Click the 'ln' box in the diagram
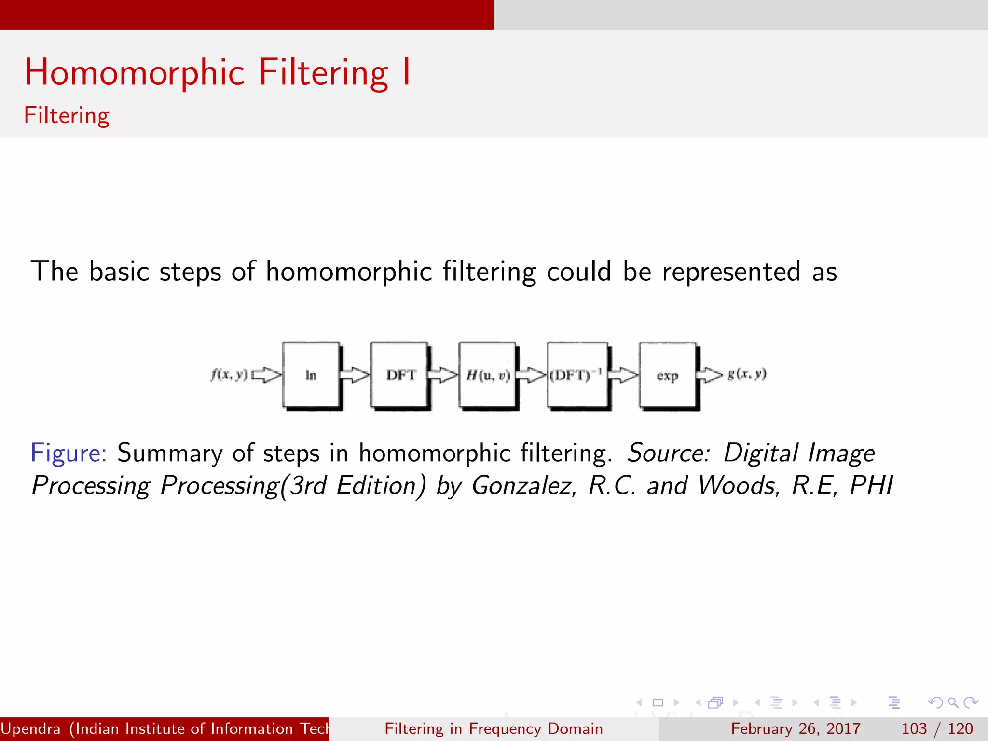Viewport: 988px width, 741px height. click(x=311, y=375)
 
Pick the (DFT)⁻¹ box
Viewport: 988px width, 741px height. click(x=576, y=375)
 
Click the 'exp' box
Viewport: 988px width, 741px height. click(x=668, y=375)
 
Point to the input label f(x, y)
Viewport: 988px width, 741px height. click(x=229, y=374)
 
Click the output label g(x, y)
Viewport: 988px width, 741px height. click(x=747, y=374)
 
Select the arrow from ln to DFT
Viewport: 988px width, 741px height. click(x=355, y=375)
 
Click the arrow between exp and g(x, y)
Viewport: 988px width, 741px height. click(x=711, y=374)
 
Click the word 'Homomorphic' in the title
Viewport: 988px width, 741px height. click(x=135, y=72)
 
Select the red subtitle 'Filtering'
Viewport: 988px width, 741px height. click(x=67, y=116)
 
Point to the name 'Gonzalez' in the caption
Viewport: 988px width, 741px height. click(x=524, y=485)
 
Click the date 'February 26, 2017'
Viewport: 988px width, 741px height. click(x=796, y=728)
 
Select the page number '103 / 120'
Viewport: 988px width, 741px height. click(x=937, y=728)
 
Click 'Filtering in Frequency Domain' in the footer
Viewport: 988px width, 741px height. click(x=494, y=728)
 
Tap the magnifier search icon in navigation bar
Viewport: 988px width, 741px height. click(x=952, y=702)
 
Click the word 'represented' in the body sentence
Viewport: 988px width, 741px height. click(x=731, y=272)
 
